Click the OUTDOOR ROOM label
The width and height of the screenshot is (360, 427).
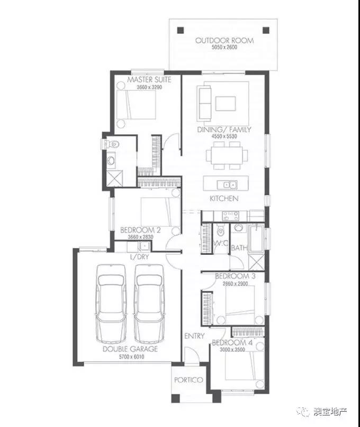coord(224,41)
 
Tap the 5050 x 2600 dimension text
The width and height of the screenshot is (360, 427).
coord(224,47)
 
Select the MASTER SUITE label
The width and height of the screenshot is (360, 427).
coord(149,80)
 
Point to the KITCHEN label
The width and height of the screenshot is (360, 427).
coord(224,199)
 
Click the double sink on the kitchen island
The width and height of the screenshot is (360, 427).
coord(227,185)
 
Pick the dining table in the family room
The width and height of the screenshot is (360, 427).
coord(227,156)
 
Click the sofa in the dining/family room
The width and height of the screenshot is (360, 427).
coord(204,103)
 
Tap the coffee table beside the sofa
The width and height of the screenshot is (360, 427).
coord(226,103)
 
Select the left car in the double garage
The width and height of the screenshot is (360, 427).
coord(111,304)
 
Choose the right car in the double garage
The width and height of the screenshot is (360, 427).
coord(149,304)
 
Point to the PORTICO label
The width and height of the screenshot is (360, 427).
coord(188,380)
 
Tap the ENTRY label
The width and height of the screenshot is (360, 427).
coord(194,336)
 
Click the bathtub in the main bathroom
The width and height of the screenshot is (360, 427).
coord(256,239)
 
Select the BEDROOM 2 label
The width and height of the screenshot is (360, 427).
coord(140,230)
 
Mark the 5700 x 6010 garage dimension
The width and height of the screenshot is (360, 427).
coord(131,357)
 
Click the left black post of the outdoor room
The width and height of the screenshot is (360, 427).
coord(181,30)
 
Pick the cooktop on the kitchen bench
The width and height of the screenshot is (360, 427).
coord(230,216)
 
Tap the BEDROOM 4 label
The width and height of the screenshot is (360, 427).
coord(232,343)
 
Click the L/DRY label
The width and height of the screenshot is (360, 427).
coord(140,257)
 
